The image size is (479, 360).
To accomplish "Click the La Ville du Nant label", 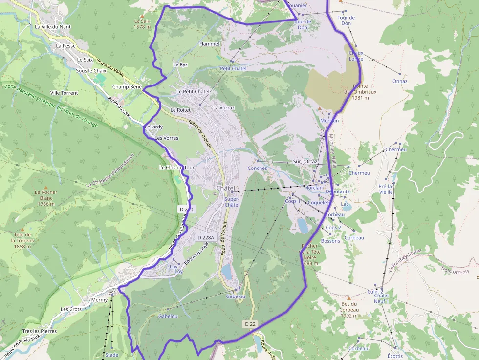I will [53, 27].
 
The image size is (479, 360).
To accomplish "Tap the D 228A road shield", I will [205, 237].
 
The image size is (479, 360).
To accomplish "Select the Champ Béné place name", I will [127, 87].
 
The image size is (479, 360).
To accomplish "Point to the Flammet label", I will [210, 44].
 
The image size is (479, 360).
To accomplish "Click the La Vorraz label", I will [224, 107].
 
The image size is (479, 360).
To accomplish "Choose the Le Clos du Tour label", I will [177, 167].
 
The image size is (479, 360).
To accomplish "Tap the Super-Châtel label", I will [232, 202].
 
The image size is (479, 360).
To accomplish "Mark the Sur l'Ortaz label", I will [305, 161].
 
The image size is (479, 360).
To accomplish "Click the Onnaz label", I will [400, 81].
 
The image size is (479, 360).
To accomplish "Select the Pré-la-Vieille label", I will [386, 189].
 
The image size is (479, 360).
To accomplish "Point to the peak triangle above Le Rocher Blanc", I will [46, 187].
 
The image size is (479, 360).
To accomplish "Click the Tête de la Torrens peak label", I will [23, 240].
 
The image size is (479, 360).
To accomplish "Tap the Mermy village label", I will [99, 300].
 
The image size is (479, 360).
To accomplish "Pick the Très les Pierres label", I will [40, 331].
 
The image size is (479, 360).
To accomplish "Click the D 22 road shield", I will [250, 324].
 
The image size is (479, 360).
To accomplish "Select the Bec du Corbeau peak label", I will [349, 310].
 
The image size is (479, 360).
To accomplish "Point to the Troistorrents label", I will [455, 271].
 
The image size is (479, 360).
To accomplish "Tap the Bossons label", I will [331, 241].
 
